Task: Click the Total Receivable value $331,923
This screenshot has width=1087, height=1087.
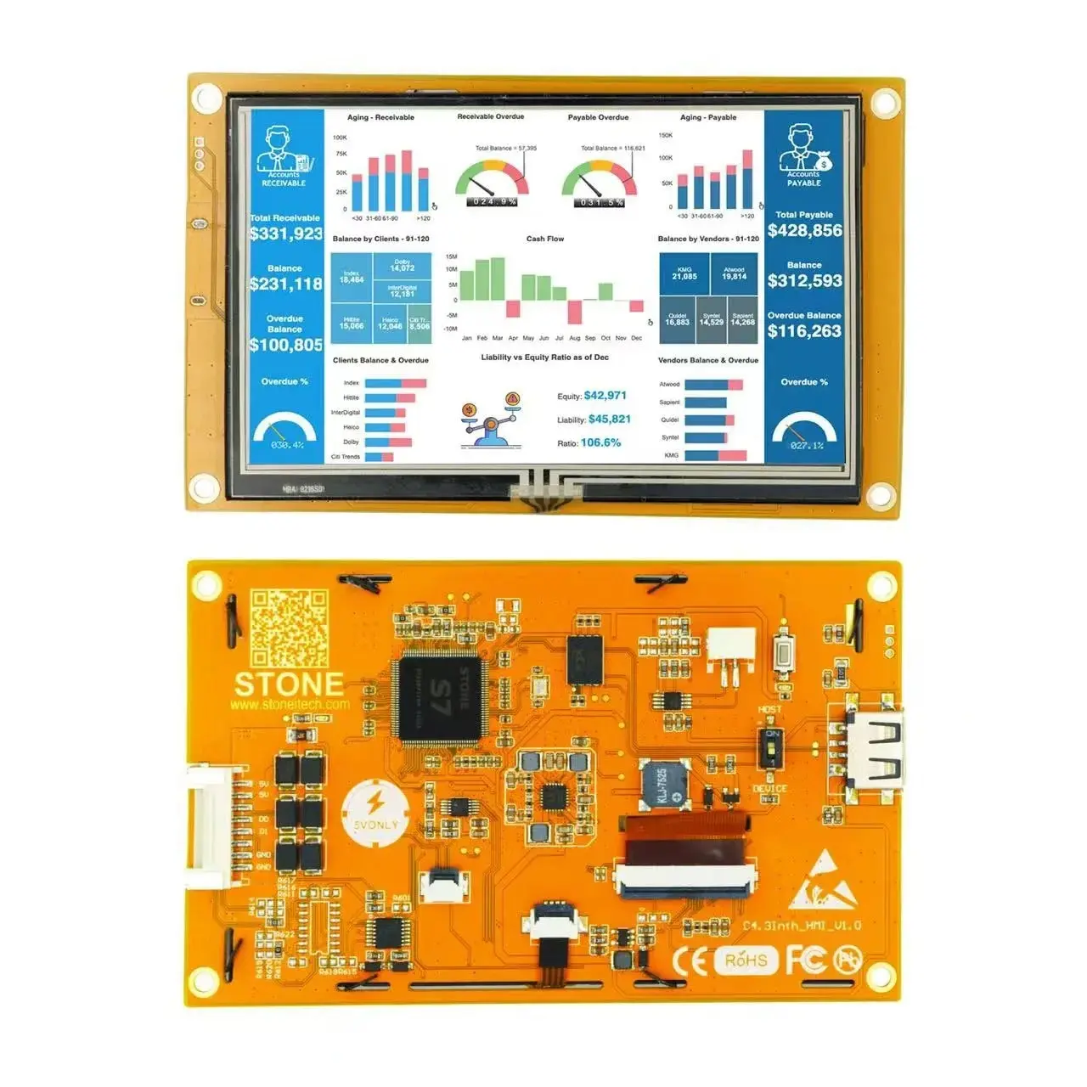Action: [x=286, y=234]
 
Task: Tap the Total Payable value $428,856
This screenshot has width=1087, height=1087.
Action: [x=804, y=230]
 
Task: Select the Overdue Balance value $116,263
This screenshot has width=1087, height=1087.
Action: [x=804, y=331]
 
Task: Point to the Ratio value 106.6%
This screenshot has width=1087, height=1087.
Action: [x=600, y=442]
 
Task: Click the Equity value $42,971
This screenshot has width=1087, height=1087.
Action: [x=605, y=396]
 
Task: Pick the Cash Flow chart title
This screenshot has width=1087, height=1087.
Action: [x=544, y=239]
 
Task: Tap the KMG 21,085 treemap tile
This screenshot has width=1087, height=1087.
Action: [x=684, y=273]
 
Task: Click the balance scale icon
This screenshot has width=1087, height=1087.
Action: [x=491, y=421]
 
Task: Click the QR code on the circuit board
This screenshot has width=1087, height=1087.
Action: [x=289, y=628]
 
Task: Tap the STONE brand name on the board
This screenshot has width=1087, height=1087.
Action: [x=289, y=684]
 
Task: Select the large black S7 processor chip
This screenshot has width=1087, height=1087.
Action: [x=440, y=697]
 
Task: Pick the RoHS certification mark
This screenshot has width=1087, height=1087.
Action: [x=746, y=960]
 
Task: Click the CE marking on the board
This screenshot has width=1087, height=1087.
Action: [x=690, y=960]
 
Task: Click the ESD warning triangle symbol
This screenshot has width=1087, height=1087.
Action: [x=818, y=882]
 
